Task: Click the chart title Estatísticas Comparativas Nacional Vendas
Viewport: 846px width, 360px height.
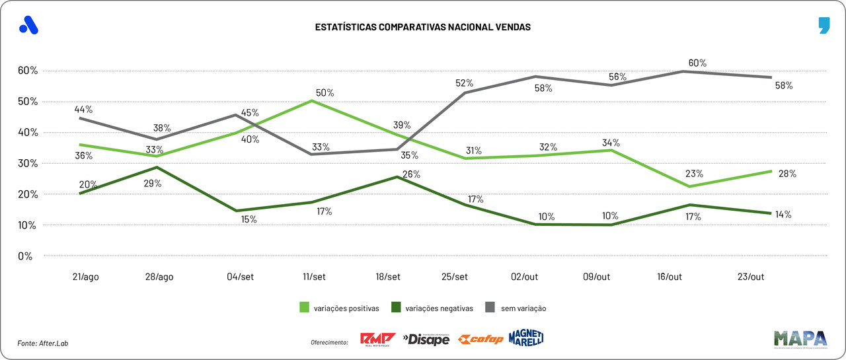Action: [x=423, y=27]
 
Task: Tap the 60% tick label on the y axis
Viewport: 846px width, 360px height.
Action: [x=29, y=71]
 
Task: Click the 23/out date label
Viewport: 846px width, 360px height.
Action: [x=750, y=277]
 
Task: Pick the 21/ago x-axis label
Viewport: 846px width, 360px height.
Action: [x=86, y=277]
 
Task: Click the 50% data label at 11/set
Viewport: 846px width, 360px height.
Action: [x=325, y=93]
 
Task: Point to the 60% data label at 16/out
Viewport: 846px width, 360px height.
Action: [x=697, y=63]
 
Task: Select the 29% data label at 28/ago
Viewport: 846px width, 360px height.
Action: [x=153, y=183]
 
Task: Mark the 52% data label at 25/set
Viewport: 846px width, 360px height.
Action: [x=465, y=83]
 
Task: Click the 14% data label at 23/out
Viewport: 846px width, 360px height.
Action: [x=784, y=214]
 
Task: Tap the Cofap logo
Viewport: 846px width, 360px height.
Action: [x=481, y=340]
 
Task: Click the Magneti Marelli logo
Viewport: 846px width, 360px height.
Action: [x=526, y=338]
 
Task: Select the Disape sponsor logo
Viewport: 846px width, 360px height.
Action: [x=426, y=340]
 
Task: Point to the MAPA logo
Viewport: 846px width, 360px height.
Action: [x=800, y=338]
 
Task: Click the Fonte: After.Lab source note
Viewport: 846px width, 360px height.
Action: [x=43, y=343]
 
